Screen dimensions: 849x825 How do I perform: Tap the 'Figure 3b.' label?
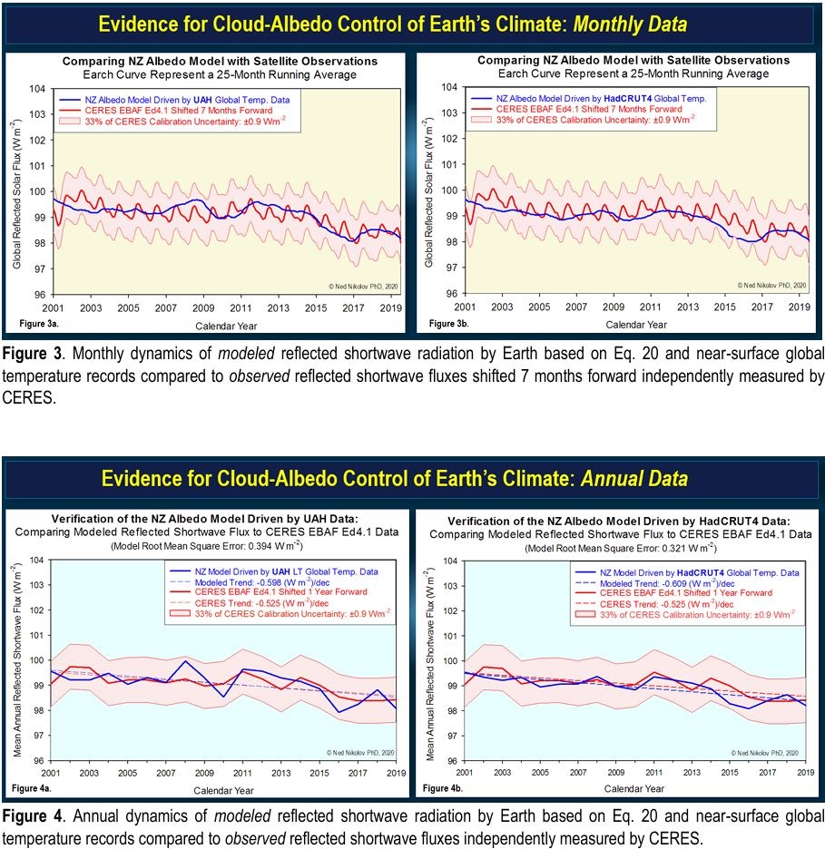coord(447,323)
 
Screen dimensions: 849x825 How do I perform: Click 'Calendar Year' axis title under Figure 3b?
coord(636,324)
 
